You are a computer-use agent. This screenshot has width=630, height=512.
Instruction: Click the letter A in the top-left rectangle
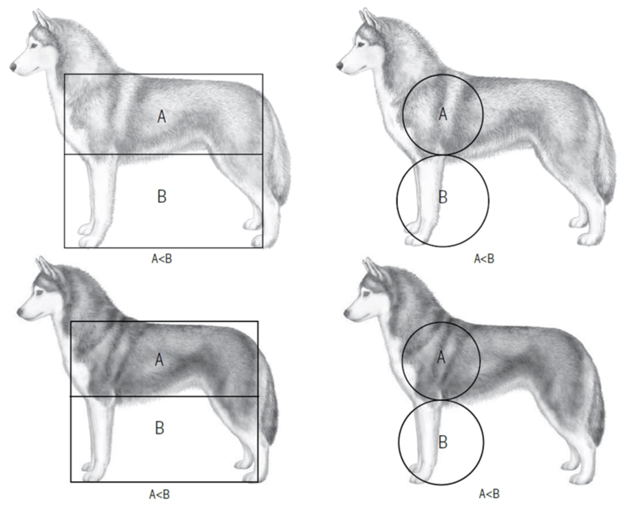162,117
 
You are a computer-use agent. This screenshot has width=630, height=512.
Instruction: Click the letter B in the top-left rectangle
162,196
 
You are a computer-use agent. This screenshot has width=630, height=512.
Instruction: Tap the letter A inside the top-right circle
442,114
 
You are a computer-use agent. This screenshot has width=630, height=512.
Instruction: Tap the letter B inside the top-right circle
443,197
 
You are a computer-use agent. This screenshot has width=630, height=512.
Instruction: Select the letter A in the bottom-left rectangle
159,360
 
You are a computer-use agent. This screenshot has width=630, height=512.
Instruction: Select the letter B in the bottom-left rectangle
159,428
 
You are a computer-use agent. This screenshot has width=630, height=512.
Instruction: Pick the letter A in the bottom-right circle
441,358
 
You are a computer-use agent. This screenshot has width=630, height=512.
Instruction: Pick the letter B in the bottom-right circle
443,442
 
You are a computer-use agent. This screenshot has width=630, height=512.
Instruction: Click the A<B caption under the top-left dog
162,259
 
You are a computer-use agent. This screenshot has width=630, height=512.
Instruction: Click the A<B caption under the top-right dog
484,259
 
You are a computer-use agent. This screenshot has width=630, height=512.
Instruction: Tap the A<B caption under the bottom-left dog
159,494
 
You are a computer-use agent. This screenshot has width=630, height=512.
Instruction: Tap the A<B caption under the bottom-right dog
489,494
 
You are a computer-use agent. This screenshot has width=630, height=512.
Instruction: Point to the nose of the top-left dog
13,67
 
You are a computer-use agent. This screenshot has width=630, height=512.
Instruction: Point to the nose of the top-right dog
340,66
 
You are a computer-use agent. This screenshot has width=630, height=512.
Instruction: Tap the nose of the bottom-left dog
20,312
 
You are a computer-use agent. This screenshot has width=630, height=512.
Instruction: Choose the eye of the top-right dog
361,45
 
